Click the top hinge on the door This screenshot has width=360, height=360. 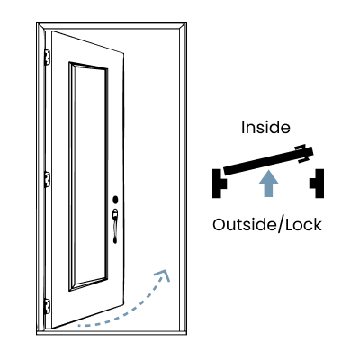coord(47,58)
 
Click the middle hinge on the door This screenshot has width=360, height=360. coord(47,180)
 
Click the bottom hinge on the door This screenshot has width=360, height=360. coord(47,307)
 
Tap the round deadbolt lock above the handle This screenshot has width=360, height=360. coord(115,200)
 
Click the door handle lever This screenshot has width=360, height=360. coord(115,226)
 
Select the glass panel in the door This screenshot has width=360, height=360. coord(88,176)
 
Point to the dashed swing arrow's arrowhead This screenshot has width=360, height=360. coord(163,274)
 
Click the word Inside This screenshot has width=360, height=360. coord(265,128)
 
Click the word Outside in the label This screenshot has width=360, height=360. coord(246,225)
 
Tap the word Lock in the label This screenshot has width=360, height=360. coord(303,225)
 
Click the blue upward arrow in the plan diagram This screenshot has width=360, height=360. coord(269,184)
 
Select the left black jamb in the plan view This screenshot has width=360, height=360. coord(220,184)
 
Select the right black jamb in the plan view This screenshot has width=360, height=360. coord(317,184)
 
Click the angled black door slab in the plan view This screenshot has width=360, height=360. coord(268,161)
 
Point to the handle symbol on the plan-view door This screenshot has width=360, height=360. coord(302,154)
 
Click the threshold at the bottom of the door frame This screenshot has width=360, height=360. coord(112,332)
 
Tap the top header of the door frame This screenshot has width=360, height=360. coord(112,25)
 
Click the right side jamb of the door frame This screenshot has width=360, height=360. coord(183,178)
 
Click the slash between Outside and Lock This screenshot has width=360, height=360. coord(282,225)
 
